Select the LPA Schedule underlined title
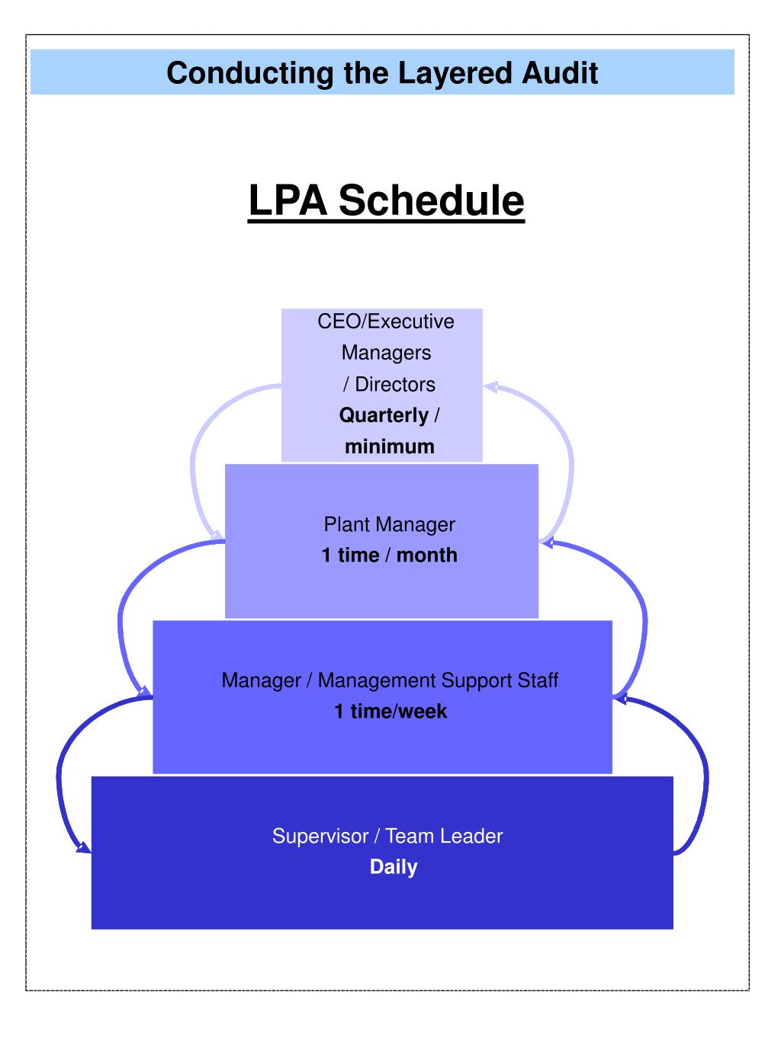coord(386,200)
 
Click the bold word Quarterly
coord(384,415)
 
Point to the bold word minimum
coord(389,446)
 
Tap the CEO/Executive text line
coord(385,322)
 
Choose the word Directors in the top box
coord(395,384)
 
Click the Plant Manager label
coord(389,524)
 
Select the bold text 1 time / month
coord(389,555)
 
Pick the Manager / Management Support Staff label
coord(390,680)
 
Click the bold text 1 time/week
coord(390,711)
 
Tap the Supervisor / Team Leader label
coord(387,836)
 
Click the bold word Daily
coord(394,867)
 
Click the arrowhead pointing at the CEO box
coord(490,387)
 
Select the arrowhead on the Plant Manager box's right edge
coord(548,542)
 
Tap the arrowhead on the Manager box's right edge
coord(621,697)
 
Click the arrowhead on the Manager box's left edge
coord(143,691)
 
